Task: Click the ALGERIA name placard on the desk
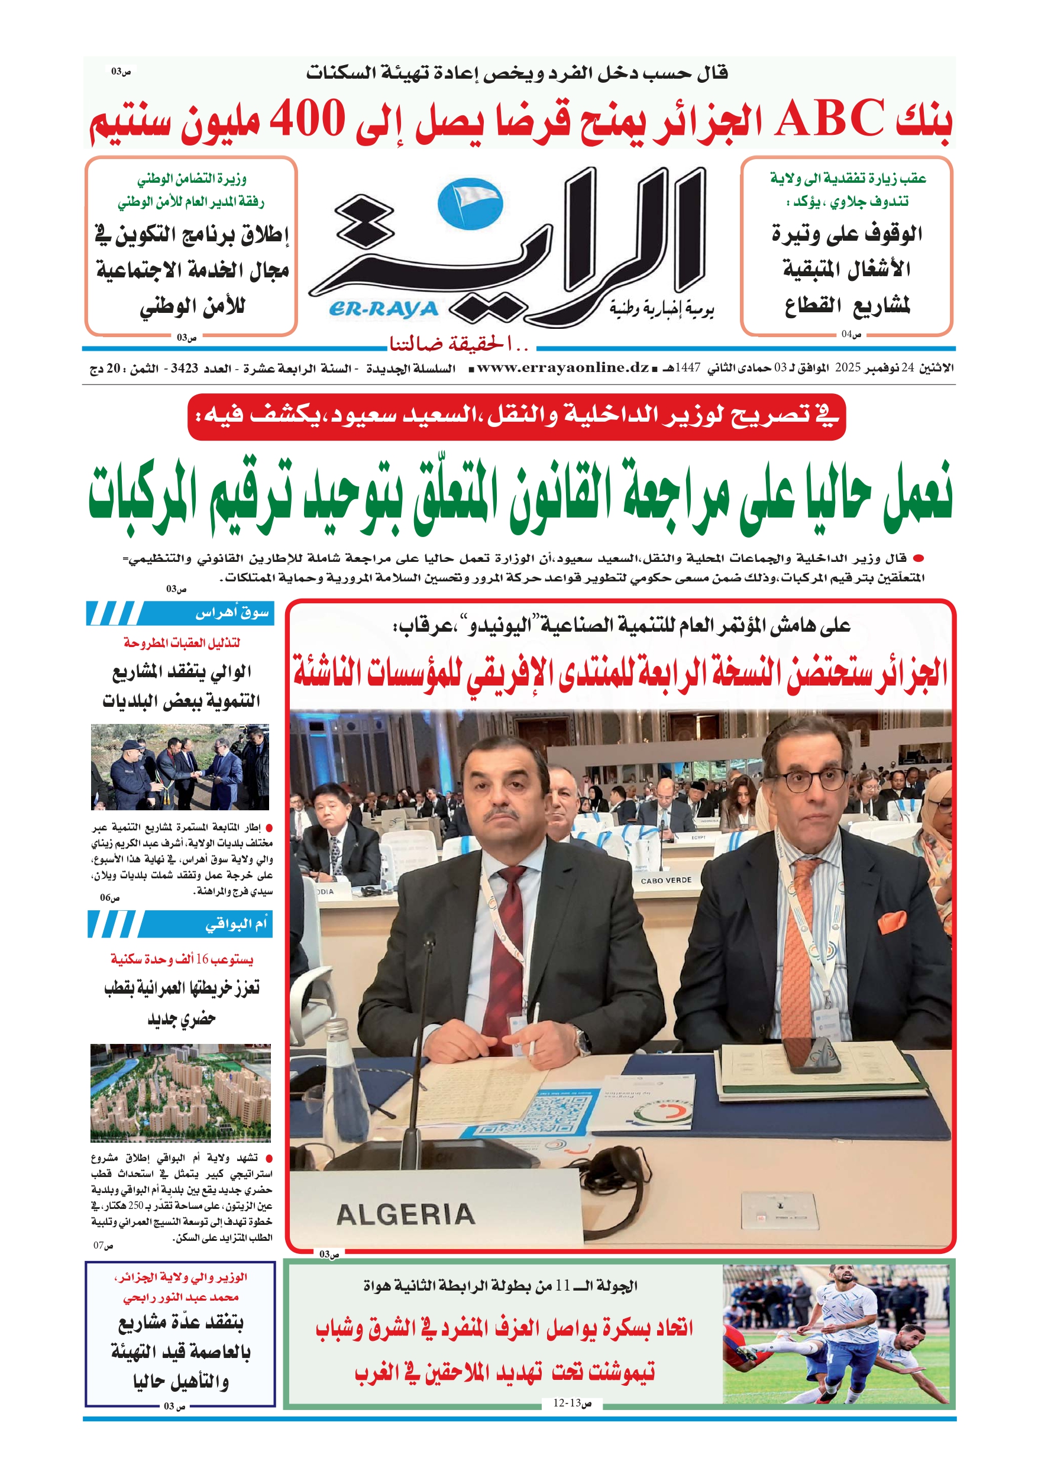(x=406, y=1213)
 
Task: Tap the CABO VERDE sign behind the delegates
(x=666, y=881)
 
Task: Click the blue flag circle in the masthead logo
(x=470, y=204)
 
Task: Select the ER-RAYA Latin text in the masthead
(x=383, y=309)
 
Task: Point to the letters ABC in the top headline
(x=829, y=119)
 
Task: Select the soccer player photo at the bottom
(x=835, y=1333)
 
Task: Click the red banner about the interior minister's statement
(x=516, y=416)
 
